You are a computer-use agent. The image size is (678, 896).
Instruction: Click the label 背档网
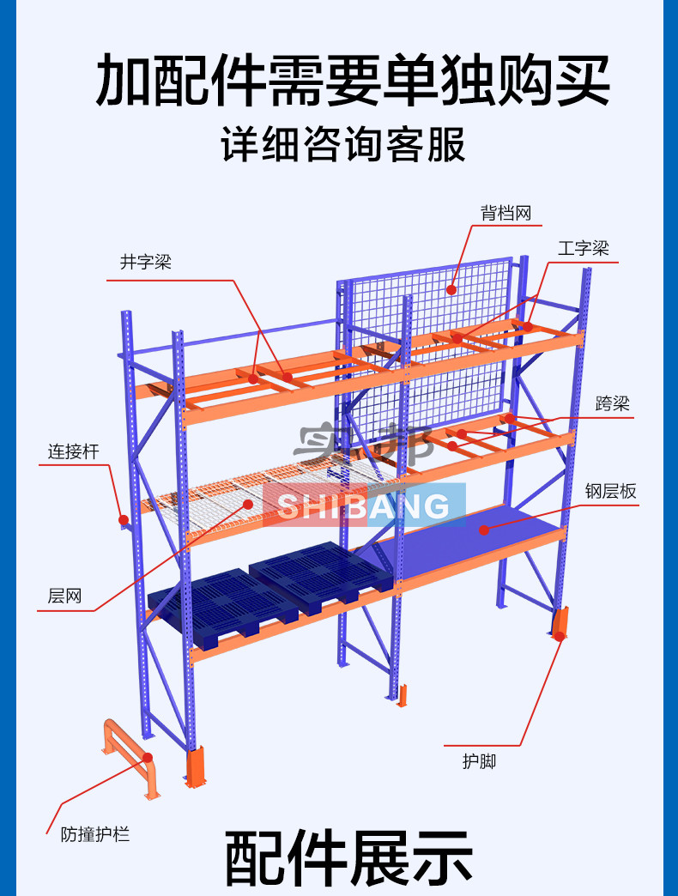[x=505, y=213]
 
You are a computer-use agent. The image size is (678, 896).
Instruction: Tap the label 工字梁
[x=584, y=249]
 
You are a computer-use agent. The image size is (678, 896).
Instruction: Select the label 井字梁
[x=146, y=263]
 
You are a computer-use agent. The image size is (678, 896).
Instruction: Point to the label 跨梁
[x=612, y=403]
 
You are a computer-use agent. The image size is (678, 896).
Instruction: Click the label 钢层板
[x=610, y=491]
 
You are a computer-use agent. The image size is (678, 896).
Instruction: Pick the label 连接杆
[x=73, y=451]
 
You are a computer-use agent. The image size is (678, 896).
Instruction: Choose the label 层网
[x=64, y=596]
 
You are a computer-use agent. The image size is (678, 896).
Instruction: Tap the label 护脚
[x=479, y=761]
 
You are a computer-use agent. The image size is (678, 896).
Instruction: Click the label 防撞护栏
[x=95, y=834]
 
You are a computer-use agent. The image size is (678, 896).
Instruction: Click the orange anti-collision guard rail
[x=131, y=757]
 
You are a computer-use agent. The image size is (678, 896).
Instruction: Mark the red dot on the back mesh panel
[x=451, y=290]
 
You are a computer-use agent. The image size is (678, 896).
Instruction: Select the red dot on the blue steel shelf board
[x=484, y=530]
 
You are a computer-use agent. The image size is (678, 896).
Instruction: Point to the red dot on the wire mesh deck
[x=248, y=504]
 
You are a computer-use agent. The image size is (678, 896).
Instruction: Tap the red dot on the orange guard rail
[x=148, y=758]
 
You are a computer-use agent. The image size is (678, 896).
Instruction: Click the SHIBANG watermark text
[x=364, y=506]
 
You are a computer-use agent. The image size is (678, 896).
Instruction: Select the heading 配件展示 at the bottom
[x=348, y=858]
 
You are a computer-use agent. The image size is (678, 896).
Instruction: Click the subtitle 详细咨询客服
[x=343, y=144]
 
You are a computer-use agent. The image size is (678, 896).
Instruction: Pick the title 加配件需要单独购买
[x=353, y=80]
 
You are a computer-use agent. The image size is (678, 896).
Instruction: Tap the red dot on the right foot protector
[x=560, y=635]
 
